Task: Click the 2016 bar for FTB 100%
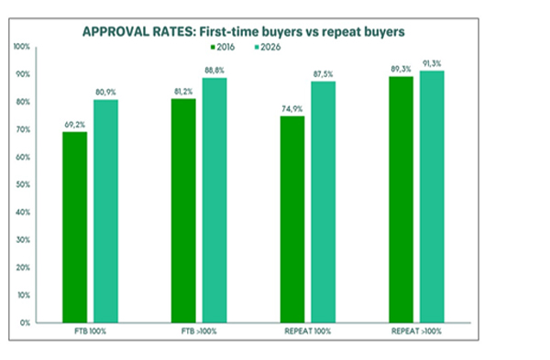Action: coord(75,227)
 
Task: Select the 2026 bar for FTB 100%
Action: coord(105,211)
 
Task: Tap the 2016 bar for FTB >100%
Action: coord(183,211)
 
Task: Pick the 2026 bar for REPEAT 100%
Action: coord(323,202)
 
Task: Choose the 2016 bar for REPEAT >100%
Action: coord(401,200)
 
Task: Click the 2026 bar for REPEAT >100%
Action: coord(432,197)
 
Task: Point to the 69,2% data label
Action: coord(75,125)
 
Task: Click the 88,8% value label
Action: coord(214,71)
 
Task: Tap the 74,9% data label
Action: coord(291,109)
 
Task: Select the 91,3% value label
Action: coord(432,63)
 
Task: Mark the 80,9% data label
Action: coord(105,93)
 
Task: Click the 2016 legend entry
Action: coord(223,47)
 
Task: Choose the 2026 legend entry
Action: coord(268,47)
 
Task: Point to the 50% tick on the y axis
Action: coord(23,185)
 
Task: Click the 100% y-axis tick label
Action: coord(22,47)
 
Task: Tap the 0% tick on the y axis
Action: coord(25,322)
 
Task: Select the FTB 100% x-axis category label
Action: coord(90,332)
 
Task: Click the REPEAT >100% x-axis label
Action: coord(416,332)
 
